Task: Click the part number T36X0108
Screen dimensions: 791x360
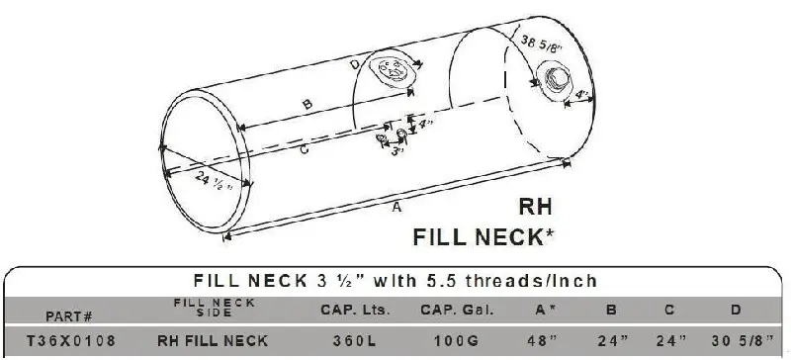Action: click(x=70, y=340)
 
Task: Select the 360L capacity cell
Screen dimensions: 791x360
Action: click(x=354, y=341)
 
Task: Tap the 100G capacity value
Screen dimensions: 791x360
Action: click(x=457, y=341)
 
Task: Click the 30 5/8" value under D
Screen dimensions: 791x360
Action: click(x=743, y=341)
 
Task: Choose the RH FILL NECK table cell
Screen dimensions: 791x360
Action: click(x=213, y=341)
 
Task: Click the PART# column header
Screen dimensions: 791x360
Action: click(x=69, y=316)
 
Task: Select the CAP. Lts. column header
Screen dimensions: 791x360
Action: click(x=355, y=310)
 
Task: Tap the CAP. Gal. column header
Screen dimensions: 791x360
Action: click(x=457, y=310)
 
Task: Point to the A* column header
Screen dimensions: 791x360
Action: click(x=546, y=310)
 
